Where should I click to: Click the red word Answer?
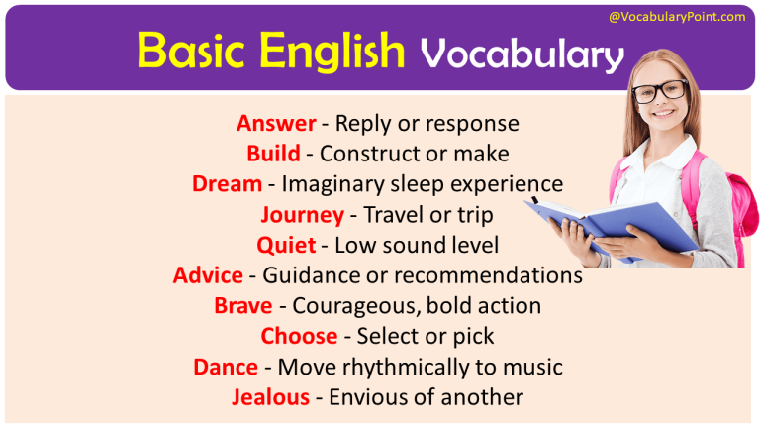(276, 124)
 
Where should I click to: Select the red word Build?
(274, 154)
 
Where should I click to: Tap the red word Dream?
(228, 184)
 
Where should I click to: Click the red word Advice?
(208, 275)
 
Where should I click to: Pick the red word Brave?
(242, 306)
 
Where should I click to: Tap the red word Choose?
(296, 336)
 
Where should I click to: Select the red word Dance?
(226, 367)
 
